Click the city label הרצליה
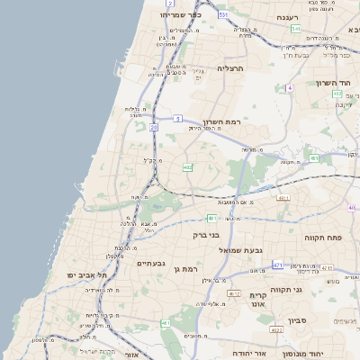(x=231, y=67)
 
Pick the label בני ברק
(x=206, y=236)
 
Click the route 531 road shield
(x=222, y=15)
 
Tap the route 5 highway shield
(x=178, y=119)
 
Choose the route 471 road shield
(x=277, y=265)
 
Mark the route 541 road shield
(x=295, y=29)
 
